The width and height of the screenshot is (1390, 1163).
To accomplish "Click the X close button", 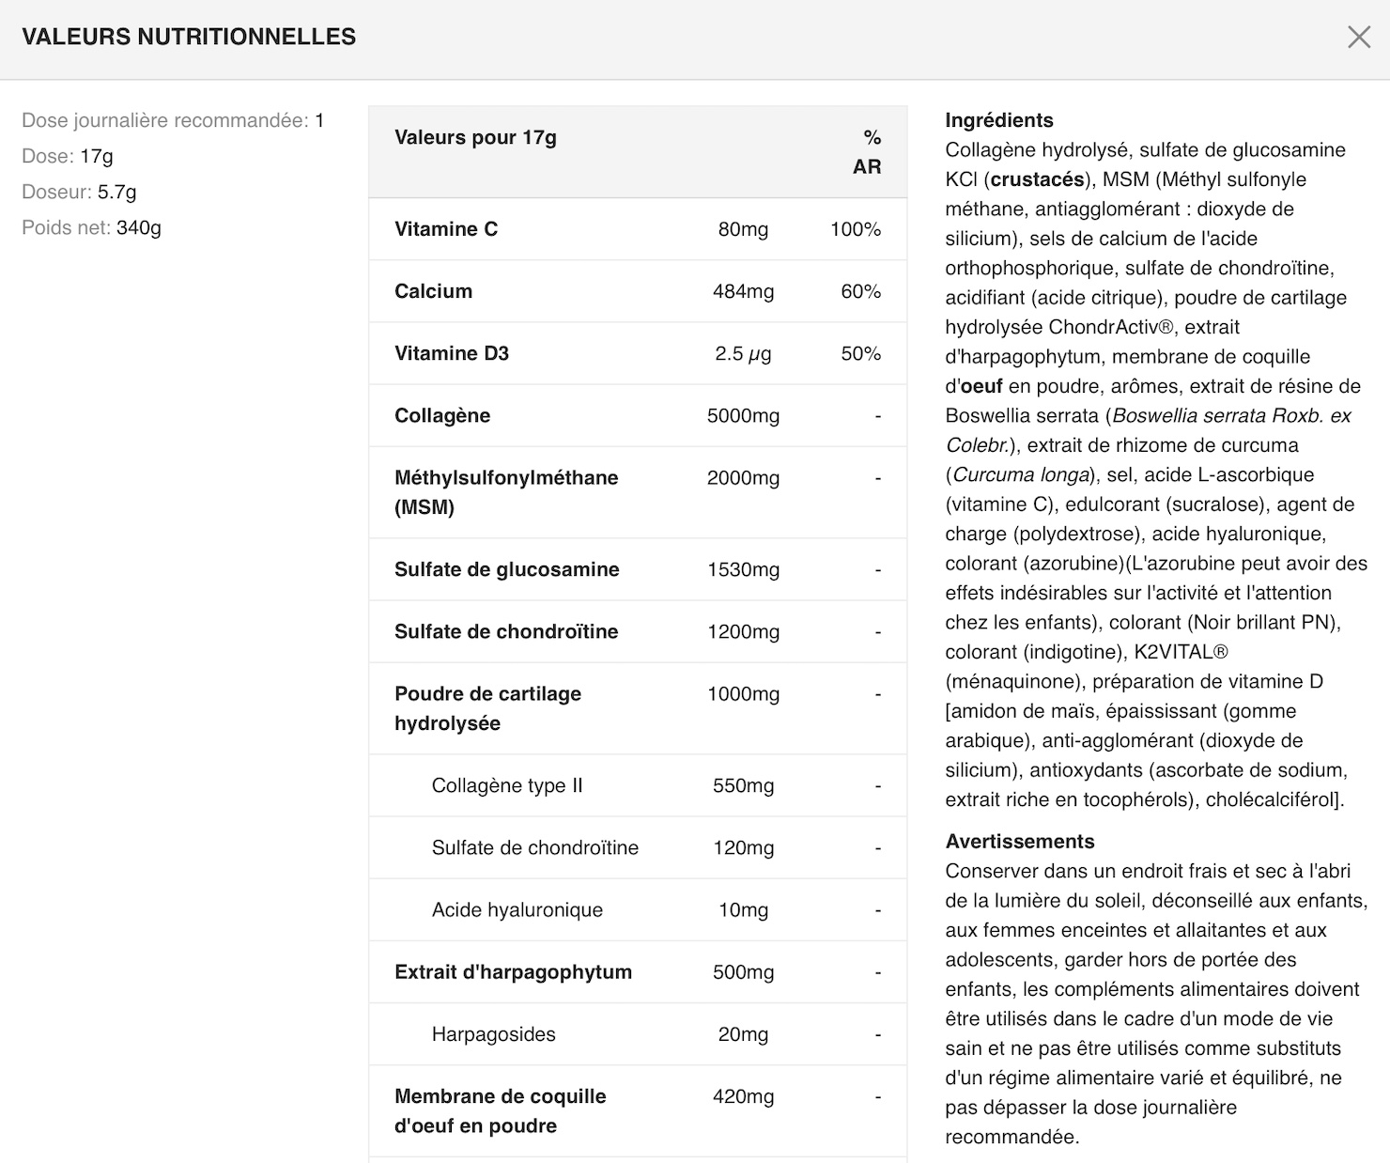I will (1358, 37).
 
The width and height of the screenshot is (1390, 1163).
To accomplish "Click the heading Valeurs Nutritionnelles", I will (189, 37).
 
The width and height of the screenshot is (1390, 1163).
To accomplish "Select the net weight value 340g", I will (139, 227).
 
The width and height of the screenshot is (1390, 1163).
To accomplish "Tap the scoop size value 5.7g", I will (117, 192).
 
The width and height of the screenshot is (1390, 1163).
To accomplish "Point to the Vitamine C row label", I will (446, 229).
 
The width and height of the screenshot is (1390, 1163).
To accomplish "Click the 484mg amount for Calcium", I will (743, 291).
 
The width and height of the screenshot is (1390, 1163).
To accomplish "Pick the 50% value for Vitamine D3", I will (860, 353).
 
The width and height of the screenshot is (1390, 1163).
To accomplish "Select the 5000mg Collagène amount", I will (743, 415).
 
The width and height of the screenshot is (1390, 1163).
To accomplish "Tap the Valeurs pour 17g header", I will (475, 137).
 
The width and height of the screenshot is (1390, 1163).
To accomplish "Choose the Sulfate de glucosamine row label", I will (506, 569).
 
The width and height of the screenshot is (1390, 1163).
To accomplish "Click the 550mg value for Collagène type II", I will (743, 785).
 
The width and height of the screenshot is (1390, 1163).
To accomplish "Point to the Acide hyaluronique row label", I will (517, 909).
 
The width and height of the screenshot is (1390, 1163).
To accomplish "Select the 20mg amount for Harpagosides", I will (743, 1034).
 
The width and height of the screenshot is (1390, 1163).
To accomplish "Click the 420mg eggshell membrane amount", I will (743, 1096).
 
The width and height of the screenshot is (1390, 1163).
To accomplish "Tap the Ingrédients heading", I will (998, 120).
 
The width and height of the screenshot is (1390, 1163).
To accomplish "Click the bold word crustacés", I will (1037, 179).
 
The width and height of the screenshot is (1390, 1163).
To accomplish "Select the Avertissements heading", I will (1019, 841).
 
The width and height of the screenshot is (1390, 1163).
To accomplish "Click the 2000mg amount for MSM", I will (743, 478).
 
